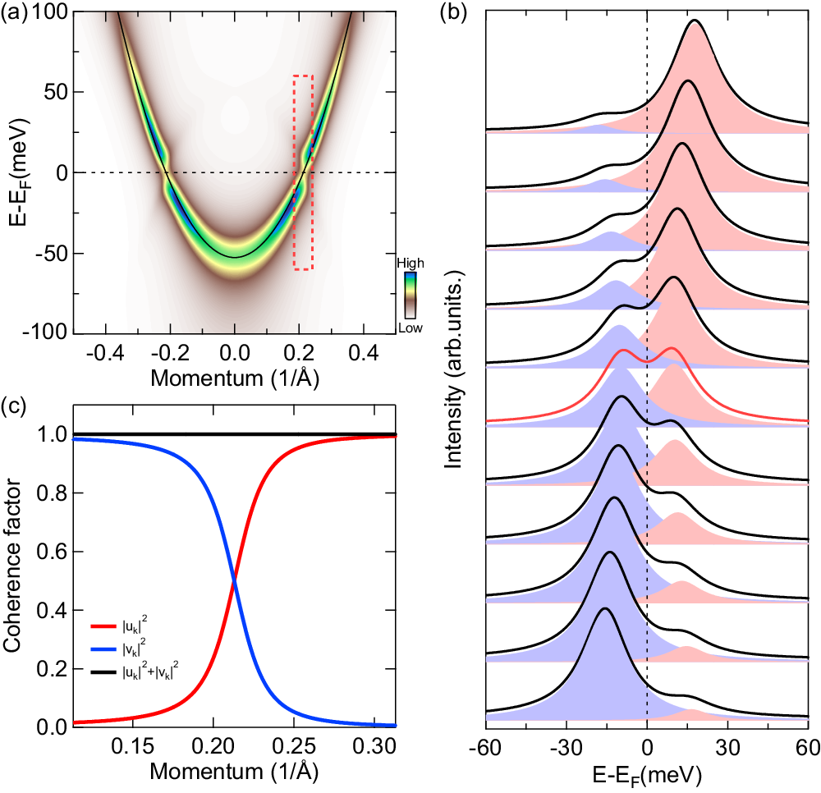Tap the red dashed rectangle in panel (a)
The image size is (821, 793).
(303, 172)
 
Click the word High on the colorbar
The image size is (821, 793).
(410, 263)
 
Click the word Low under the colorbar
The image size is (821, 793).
(410, 328)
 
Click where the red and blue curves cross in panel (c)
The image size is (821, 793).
(235, 582)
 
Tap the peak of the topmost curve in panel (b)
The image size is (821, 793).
(695, 21)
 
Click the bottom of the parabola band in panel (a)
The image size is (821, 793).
(235, 256)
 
